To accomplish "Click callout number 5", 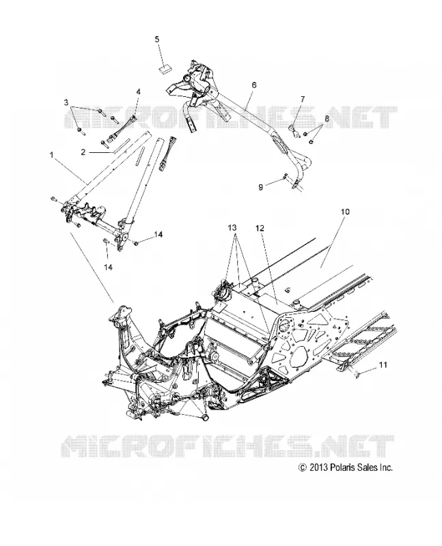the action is click(x=157, y=40).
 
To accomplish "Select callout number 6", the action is click(x=253, y=85).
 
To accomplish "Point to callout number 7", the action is click(x=302, y=99).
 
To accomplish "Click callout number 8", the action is click(x=327, y=118).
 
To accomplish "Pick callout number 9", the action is click(x=261, y=187).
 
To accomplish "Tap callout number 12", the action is click(x=260, y=228).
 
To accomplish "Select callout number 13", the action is click(x=232, y=228).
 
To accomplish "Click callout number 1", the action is click(x=52, y=155).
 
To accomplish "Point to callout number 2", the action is click(x=83, y=152).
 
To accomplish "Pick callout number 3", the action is click(x=66, y=102).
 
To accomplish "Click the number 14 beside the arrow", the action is click(x=158, y=235).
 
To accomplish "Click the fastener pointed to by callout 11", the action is click(x=355, y=374).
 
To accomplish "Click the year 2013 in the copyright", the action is click(x=318, y=468).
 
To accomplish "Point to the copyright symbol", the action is click(x=303, y=468).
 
